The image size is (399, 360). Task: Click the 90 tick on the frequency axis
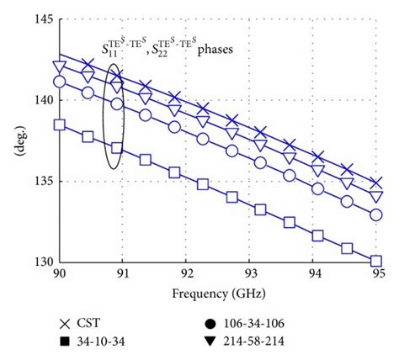[59, 274]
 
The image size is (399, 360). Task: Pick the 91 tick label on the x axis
[123, 274]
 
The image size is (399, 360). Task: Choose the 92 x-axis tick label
[186, 274]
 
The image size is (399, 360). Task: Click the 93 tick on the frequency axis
[250, 274]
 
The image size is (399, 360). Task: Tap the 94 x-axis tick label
[313, 274]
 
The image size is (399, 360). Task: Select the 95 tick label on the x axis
[377, 274]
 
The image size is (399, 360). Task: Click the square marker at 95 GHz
[376, 261]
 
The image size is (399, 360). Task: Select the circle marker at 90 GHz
[59, 82]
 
